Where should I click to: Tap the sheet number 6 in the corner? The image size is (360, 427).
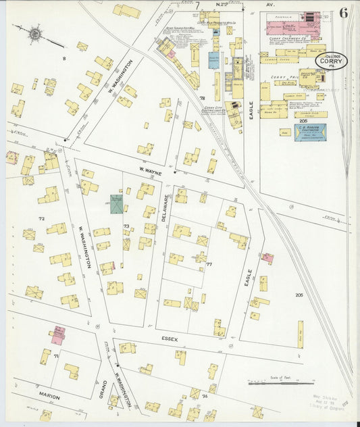tap(344, 13)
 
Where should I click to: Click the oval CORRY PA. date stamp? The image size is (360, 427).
tap(332, 61)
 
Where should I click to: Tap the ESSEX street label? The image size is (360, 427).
tap(169, 339)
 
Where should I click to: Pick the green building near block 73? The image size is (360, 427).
tap(117, 204)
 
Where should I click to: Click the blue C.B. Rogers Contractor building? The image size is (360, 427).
tap(310, 132)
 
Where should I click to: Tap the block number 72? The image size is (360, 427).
tap(41, 219)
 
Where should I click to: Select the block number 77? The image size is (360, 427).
tap(209, 264)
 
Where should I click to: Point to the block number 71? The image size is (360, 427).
tap(57, 355)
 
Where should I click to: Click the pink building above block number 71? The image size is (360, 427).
tap(58, 333)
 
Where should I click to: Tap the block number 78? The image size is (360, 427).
tap(201, 99)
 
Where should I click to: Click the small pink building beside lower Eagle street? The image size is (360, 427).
tap(268, 258)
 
